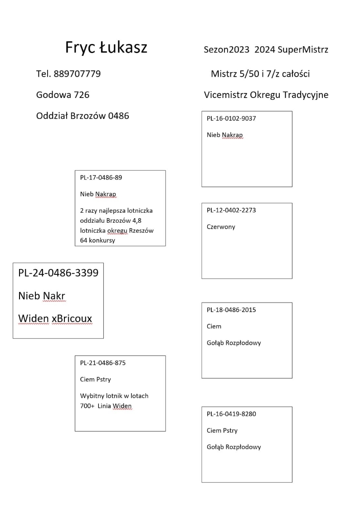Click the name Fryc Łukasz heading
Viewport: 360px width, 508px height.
click(x=106, y=47)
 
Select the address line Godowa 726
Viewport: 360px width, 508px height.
click(x=63, y=95)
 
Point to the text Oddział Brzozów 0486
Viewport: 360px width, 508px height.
click(x=83, y=116)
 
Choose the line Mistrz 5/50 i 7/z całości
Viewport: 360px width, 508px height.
click(x=260, y=74)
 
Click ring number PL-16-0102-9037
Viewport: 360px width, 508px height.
click(x=231, y=118)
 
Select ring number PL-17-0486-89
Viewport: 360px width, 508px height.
click(x=101, y=177)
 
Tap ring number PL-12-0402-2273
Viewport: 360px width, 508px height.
click(x=231, y=210)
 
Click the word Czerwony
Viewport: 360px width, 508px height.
click(x=221, y=227)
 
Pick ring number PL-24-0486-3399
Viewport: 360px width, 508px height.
click(x=58, y=273)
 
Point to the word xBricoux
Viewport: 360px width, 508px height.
click(x=72, y=319)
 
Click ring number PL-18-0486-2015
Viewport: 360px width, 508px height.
click(x=231, y=310)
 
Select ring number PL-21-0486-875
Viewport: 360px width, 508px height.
click(x=103, y=363)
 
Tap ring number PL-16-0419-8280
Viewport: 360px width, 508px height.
click(x=231, y=414)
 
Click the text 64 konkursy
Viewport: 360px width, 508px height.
click(x=97, y=240)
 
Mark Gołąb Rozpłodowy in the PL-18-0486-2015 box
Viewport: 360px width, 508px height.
click(x=234, y=343)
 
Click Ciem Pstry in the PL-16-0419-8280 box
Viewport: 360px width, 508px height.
click(x=222, y=430)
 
